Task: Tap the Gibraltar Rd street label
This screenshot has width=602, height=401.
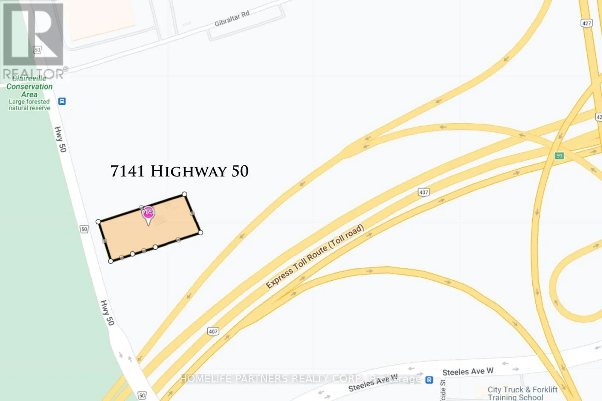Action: tap(232, 19)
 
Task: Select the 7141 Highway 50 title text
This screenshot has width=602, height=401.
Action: tap(179, 171)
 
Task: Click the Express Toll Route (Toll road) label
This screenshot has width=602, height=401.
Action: tap(315, 256)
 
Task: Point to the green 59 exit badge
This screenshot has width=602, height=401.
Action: tap(559, 156)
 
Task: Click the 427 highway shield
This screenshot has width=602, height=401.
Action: tap(586, 23)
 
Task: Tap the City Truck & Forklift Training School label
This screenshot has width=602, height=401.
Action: tap(522, 393)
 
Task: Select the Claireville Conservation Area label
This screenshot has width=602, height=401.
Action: tap(29, 86)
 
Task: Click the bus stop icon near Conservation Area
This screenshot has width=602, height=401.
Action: tap(62, 101)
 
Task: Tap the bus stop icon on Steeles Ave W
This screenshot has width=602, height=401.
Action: tap(429, 380)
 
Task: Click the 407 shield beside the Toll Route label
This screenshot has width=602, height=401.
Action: tap(424, 192)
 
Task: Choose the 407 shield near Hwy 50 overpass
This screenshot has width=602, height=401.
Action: tap(213, 331)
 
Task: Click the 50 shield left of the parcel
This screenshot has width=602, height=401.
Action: tap(84, 229)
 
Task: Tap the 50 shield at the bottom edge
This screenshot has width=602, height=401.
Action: tap(142, 395)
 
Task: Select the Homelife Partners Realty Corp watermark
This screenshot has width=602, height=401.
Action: tap(301, 379)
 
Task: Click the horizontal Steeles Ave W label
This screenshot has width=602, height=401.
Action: tap(468, 372)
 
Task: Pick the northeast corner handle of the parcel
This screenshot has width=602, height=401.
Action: tap(184, 194)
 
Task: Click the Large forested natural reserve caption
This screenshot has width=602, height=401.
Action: tap(29, 105)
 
